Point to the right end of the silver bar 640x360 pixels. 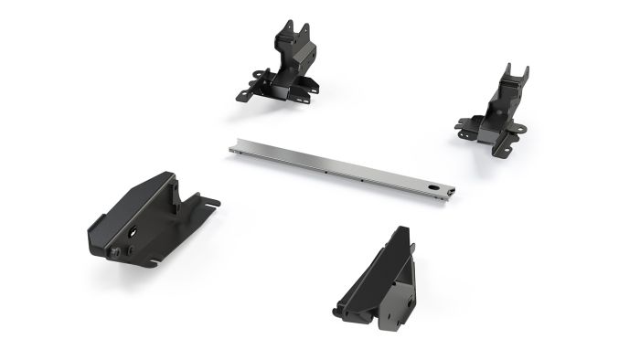(451, 192)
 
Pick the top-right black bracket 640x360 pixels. (497, 110)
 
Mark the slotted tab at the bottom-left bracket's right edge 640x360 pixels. (210, 204)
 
